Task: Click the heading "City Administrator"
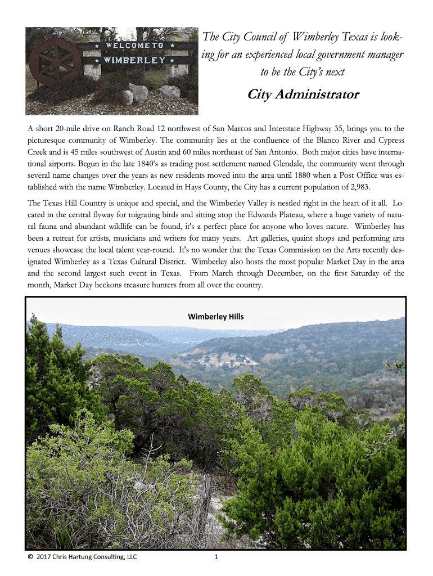point(303,94)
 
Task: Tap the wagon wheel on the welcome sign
point(55,61)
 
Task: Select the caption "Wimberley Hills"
point(216,316)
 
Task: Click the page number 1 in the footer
point(216,557)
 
